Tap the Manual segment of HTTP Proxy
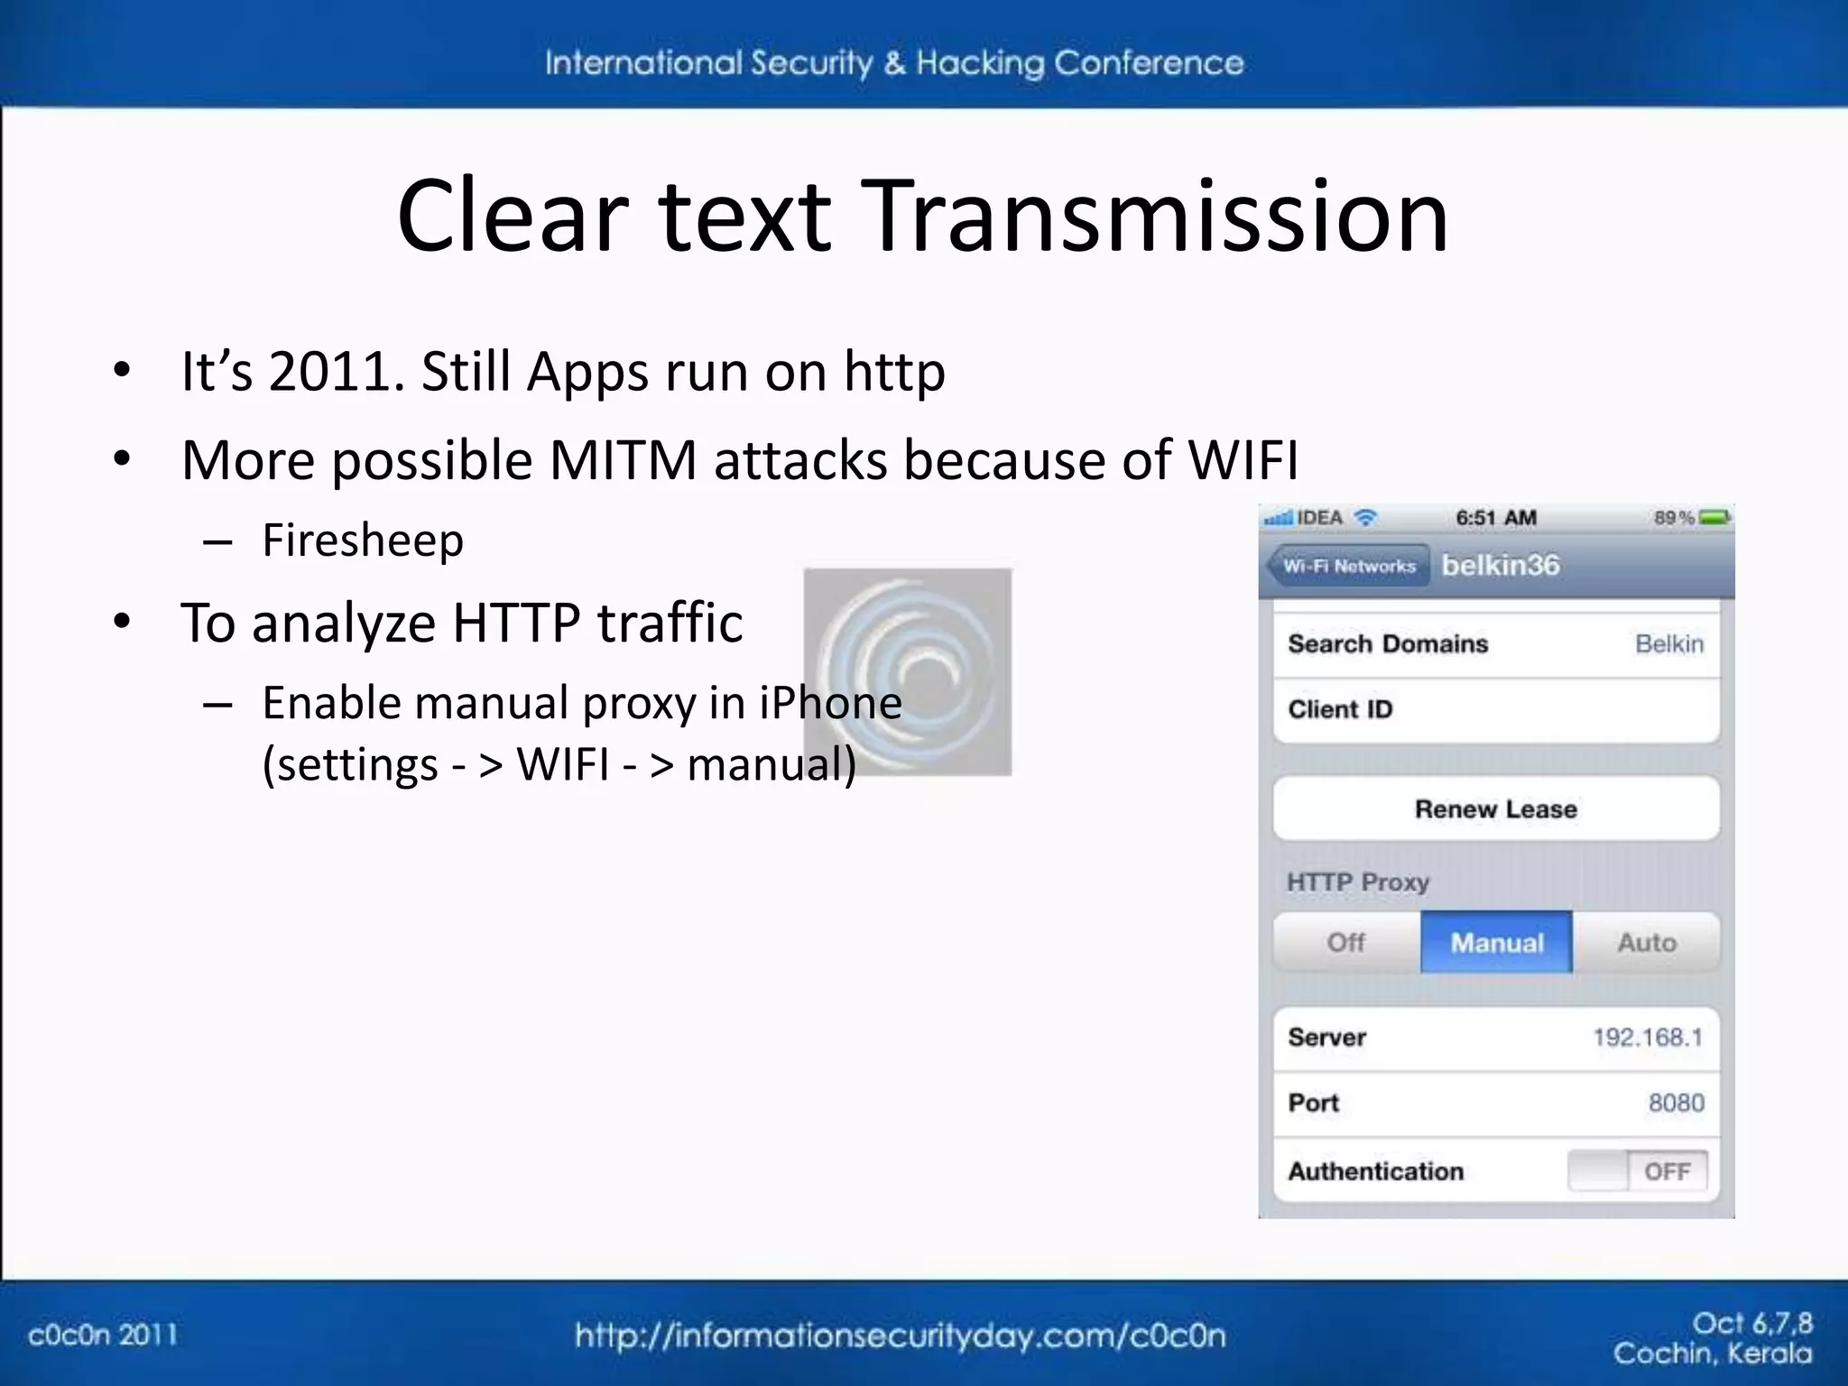1496,942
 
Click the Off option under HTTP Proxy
1345,942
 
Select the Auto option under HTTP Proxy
1647,942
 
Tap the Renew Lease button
1496,808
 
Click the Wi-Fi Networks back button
1349,566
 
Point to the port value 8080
1676,1103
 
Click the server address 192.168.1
1647,1037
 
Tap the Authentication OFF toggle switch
1637,1171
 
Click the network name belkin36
1501,565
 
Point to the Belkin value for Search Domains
1669,643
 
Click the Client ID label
1340,709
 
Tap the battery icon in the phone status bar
1714,518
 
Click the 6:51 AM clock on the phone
1495,518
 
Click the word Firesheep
363,541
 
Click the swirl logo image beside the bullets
907,671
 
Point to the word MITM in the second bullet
623,460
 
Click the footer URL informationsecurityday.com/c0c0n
901,1335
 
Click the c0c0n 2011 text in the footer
103,1335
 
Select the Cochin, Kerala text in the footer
1712,1354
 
